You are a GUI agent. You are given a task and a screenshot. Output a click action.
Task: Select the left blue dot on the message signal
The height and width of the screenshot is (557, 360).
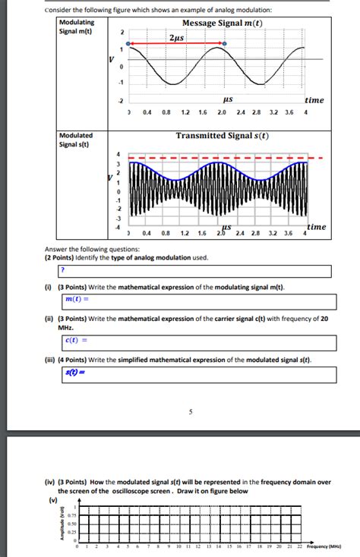coord(128,44)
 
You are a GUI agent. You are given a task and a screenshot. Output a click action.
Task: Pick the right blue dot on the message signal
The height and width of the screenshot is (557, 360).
coord(223,44)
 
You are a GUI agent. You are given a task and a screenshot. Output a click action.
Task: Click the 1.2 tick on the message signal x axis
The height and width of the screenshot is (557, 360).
coord(185,112)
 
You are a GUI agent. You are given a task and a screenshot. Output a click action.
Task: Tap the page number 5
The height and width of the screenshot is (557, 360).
coord(191,412)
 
